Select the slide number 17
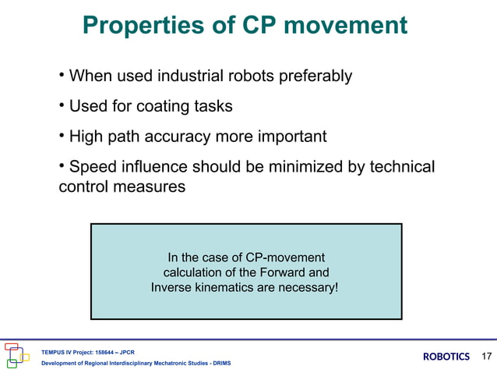point(487,357)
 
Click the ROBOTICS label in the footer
point(446,357)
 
